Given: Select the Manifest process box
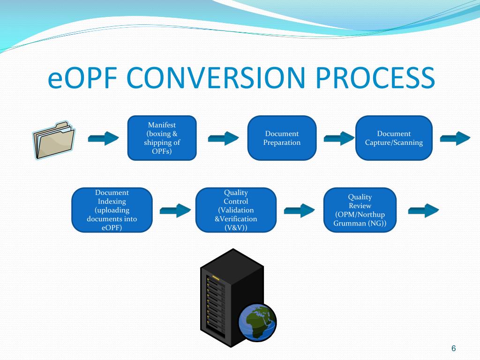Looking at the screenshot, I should point(162,138).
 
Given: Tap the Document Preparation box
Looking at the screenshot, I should point(282,138).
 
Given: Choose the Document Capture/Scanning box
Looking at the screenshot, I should point(394,138).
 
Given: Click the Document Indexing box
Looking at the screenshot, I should point(112,210).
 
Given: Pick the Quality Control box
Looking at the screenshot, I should point(236,210).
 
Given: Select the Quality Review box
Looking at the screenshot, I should point(360,210).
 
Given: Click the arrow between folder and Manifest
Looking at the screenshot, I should point(104,138).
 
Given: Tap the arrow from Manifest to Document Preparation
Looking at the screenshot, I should point(223,138).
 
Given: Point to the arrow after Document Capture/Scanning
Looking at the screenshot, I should point(455,138).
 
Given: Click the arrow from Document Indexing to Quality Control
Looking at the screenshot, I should point(175,210).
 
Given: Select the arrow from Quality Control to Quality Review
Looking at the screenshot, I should point(300,210).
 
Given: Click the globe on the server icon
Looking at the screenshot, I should point(257,322).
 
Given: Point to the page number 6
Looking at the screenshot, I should point(453,348).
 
